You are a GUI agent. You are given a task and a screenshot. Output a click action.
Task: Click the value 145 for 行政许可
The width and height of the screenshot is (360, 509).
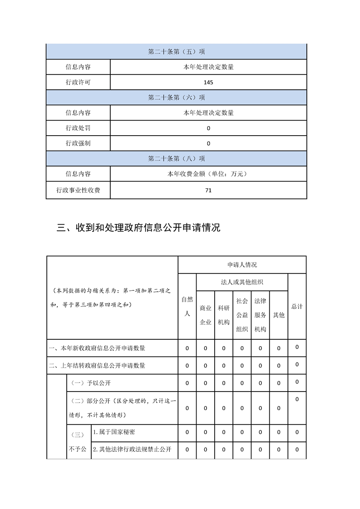click(x=208, y=83)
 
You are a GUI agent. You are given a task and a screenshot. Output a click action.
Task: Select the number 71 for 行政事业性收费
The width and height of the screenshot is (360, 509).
click(x=208, y=191)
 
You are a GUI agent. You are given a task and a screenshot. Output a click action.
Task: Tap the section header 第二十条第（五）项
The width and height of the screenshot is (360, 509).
click(x=176, y=52)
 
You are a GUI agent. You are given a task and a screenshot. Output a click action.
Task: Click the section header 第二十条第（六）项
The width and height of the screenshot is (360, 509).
click(x=176, y=98)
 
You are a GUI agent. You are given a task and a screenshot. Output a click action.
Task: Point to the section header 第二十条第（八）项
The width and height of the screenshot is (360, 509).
click(x=176, y=159)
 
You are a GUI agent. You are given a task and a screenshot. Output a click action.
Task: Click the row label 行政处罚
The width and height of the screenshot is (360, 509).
click(x=78, y=128)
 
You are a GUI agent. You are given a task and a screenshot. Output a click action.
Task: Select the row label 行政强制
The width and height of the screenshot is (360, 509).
click(x=78, y=143)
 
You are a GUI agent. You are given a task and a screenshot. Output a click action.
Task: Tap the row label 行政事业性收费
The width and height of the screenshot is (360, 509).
click(x=78, y=191)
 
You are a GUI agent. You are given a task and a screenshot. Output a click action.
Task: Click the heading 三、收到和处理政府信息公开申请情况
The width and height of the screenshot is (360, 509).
click(x=138, y=228)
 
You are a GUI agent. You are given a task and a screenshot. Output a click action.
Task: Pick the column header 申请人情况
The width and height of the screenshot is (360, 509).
click(x=242, y=265)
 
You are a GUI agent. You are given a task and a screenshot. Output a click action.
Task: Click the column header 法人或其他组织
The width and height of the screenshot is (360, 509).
click(x=242, y=282)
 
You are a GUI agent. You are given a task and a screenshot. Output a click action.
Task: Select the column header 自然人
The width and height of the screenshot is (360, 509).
click(x=187, y=306)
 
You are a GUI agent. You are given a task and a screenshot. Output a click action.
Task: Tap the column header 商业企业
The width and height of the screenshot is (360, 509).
click(x=205, y=315)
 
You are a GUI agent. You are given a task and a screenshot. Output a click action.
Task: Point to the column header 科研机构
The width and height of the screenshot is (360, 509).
click(x=224, y=315)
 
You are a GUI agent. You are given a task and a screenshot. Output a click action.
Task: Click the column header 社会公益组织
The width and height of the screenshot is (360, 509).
click(x=242, y=315)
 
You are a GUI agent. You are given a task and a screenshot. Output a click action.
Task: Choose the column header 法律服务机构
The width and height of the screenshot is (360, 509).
click(x=260, y=315)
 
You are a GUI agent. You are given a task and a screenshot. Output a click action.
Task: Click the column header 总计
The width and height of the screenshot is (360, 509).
click(x=297, y=306)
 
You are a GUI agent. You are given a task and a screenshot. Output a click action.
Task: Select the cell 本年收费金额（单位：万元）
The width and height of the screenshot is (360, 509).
click(x=208, y=174)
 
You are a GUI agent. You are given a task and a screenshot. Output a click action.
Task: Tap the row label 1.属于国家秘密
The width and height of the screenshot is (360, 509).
click(x=116, y=432)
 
